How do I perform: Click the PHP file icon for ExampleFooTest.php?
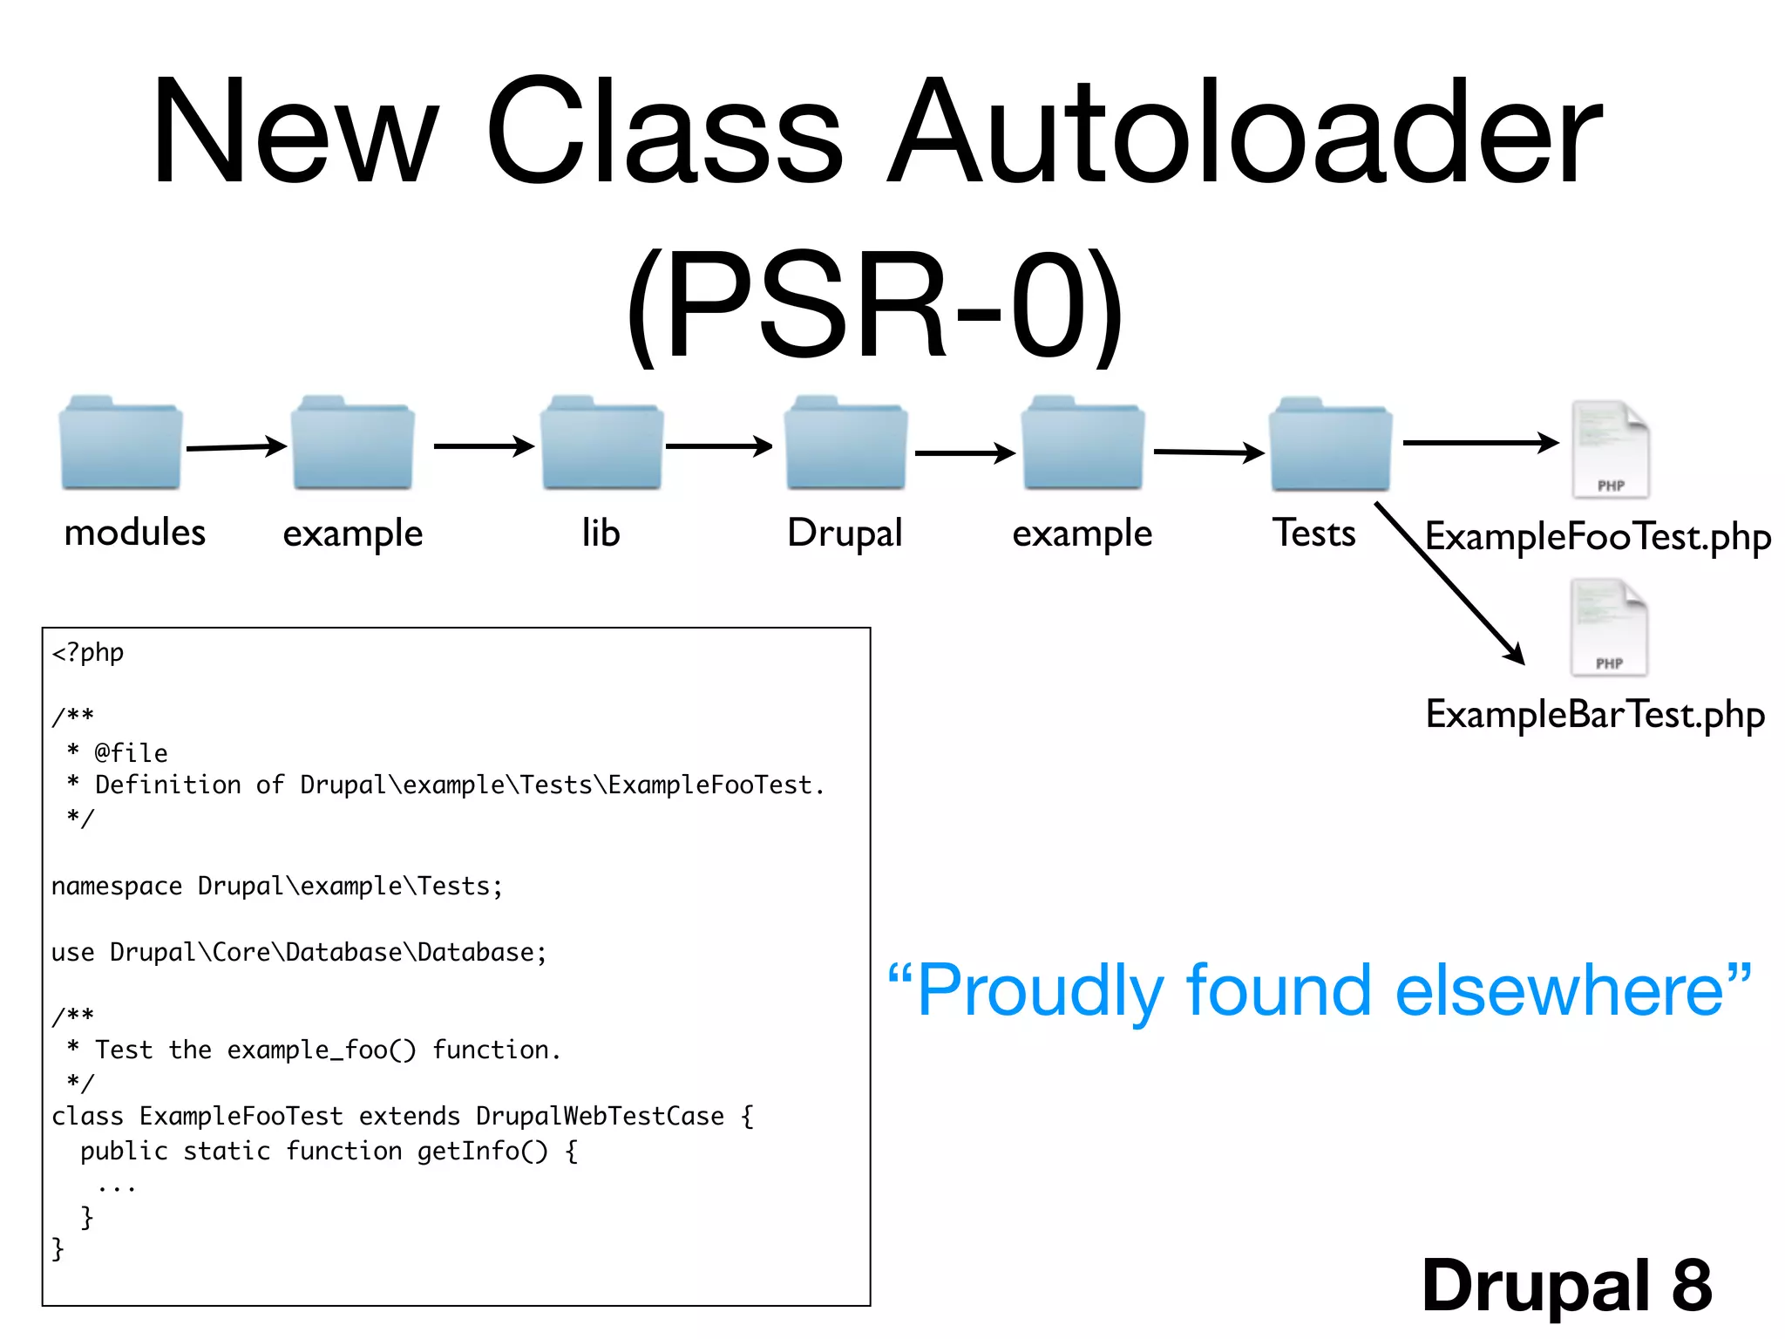tap(1611, 449)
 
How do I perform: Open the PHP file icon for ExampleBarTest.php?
tap(1609, 627)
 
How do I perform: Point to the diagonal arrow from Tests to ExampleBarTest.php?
tap(1449, 582)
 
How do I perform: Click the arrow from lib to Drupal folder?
tap(718, 446)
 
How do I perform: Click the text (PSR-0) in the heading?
tap(874, 305)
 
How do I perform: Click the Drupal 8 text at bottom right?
tap(1566, 1285)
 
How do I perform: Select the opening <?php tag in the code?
tap(88, 652)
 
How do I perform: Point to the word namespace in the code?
tap(117, 887)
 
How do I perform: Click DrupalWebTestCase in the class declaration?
tap(600, 1117)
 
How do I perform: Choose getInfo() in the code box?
tap(482, 1152)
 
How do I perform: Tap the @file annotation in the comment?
tap(131, 752)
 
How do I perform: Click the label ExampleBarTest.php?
tap(1595, 715)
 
